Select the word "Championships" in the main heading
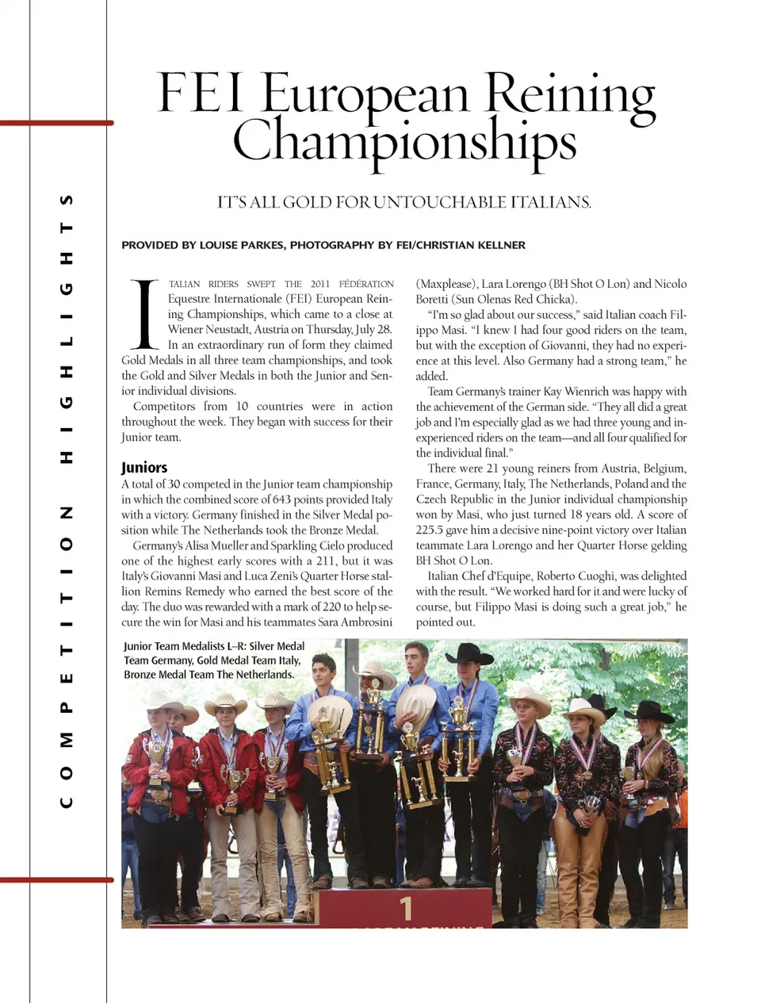(404, 141)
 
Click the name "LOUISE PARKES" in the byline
(241, 245)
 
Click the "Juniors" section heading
(144, 467)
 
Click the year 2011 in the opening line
(319, 284)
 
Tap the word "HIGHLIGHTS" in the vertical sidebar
(67, 327)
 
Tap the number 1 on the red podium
(406, 907)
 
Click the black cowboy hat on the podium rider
(469, 655)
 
